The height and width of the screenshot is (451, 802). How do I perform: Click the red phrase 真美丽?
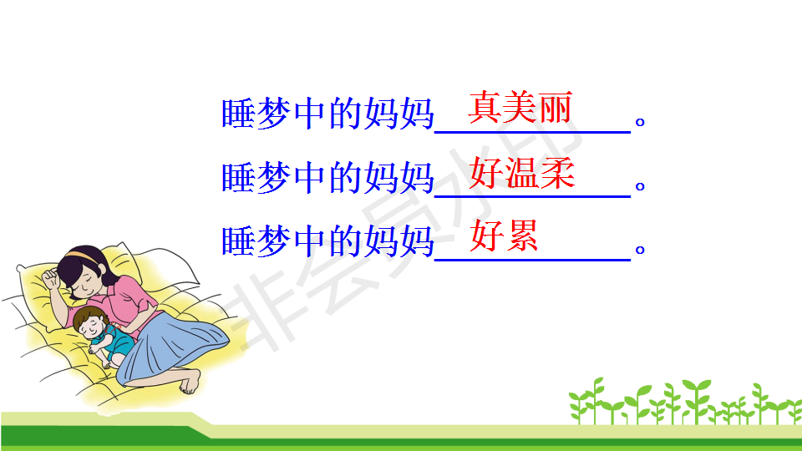[520, 108]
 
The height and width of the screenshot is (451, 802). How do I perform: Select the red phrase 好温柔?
[522, 173]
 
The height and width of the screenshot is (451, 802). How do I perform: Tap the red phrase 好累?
[504, 236]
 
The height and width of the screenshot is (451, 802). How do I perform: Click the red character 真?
[485, 108]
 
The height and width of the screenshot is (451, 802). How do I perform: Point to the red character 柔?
[558, 173]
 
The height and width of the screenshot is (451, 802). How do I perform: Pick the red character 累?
[521, 236]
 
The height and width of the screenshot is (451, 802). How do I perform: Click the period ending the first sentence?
[639, 122]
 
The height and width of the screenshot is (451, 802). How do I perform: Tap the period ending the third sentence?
[639, 250]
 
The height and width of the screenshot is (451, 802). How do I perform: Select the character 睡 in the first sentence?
[238, 113]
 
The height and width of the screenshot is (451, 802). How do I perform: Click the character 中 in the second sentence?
[310, 177]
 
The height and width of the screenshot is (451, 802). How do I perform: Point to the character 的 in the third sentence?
[345, 241]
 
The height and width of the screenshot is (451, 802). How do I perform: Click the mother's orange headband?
[83, 254]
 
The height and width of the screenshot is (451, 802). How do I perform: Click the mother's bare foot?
[190, 382]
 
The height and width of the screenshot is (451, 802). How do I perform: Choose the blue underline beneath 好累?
[532, 261]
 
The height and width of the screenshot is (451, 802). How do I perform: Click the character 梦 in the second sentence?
[274, 177]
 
